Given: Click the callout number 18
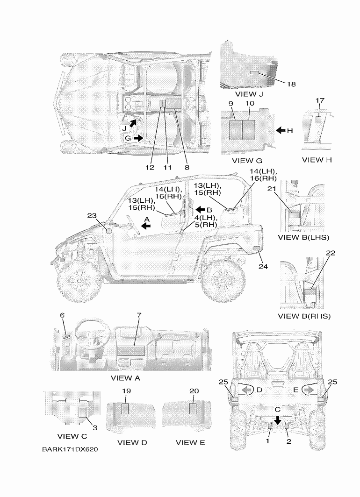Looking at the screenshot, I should tap(291, 84).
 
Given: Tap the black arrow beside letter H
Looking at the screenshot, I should tap(281, 131).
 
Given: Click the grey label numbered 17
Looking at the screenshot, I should tap(319, 120).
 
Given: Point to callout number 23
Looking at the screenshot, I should tap(92, 215).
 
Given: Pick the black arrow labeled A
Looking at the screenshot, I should tap(146, 225).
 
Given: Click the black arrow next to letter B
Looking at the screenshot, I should tap(200, 210).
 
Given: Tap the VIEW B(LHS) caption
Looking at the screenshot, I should tap(303, 237).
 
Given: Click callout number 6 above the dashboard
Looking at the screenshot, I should tap(62, 315).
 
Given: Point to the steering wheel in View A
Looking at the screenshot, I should tap(93, 334).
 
